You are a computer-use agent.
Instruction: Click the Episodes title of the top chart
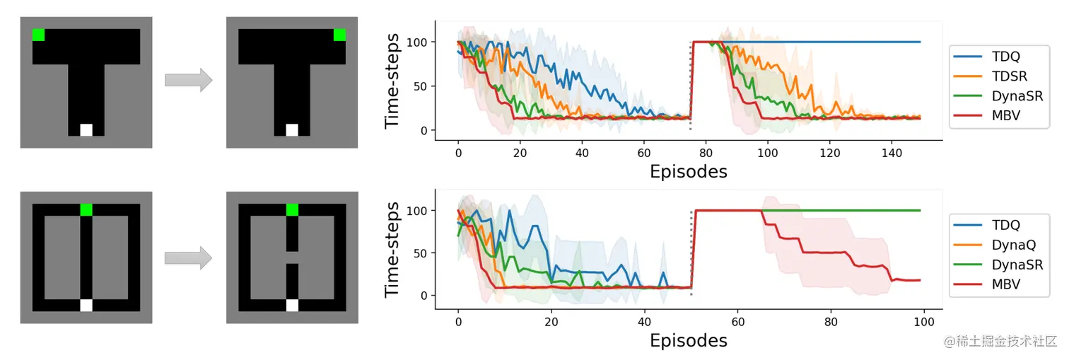click(x=689, y=171)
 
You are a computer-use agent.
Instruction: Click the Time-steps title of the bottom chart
click(x=395, y=252)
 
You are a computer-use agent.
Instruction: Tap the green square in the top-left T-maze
click(x=38, y=35)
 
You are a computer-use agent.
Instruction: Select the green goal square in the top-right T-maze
click(x=339, y=35)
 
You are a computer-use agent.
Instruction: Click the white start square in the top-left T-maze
click(x=86, y=130)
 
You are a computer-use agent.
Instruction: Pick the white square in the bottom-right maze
click(x=292, y=306)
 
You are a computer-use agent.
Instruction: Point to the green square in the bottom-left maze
click(x=86, y=209)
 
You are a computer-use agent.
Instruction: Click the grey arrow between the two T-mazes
click(x=188, y=79)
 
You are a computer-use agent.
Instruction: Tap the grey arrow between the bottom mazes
click(x=188, y=257)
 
